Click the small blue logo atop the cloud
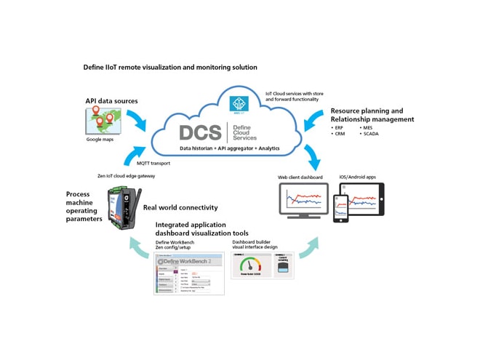tap(239, 103)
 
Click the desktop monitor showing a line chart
tap(300, 199)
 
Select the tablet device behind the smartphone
tap(361, 201)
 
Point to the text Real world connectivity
tap(180, 208)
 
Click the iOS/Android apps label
tap(357, 177)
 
